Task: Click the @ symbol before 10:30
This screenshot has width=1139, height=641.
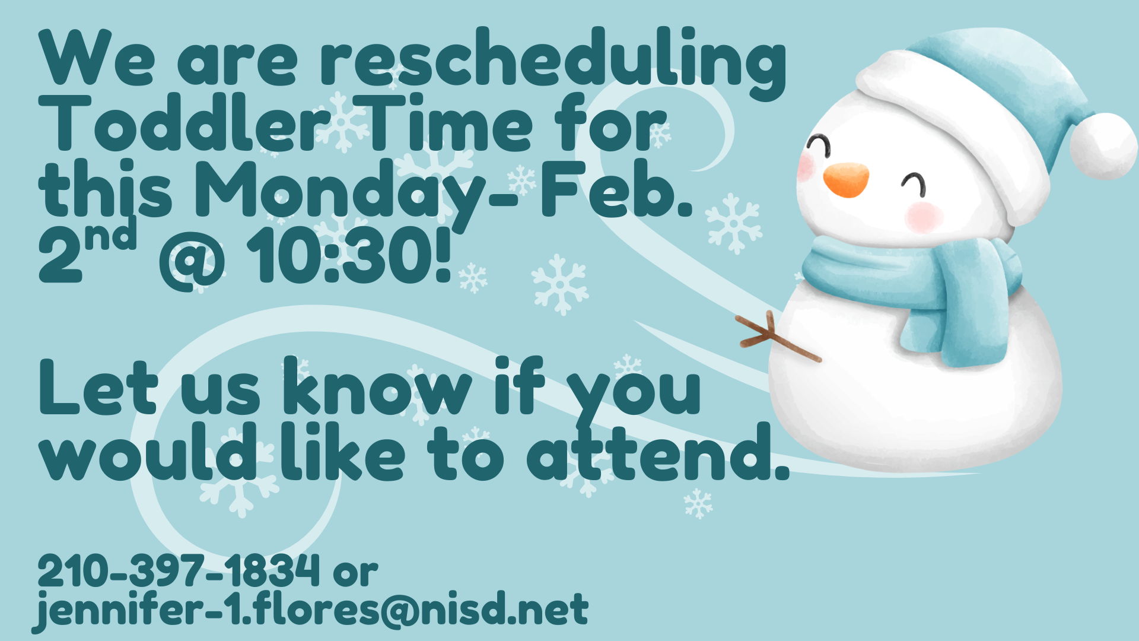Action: (192, 261)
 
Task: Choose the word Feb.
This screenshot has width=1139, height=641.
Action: (617, 190)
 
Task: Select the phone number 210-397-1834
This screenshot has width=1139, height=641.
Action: (178, 571)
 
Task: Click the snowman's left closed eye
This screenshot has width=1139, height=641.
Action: (819, 144)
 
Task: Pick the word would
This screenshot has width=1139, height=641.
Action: (148, 454)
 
